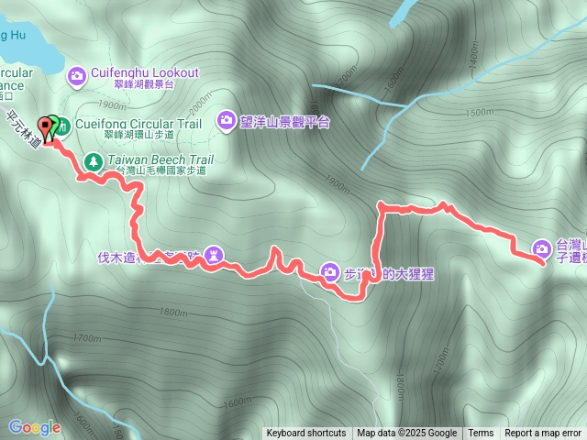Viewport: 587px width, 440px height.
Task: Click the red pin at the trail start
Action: pyautogui.click(x=44, y=128)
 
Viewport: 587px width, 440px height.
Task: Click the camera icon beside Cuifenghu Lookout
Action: pyautogui.click(x=77, y=73)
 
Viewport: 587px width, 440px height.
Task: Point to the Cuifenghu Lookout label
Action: pyautogui.click(x=145, y=72)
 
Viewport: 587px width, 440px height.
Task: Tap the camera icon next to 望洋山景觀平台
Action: pyautogui.click(x=227, y=120)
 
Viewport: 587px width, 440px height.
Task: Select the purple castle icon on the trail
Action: pyautogui.click(x=213, y=252)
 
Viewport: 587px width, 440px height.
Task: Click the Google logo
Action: pyautogui.click(x=34, y=427)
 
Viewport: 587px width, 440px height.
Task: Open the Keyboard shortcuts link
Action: pyautogui.click(x=306, y=434)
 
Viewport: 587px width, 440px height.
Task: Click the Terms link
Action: pyautogui.click(x=481, y=434)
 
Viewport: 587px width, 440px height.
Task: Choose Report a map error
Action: pyautogui.click(x=545, y=434)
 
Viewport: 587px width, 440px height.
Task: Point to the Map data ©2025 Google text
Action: pyautogui.click(x=407, y=434)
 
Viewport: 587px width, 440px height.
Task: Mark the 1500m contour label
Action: pyautogui.click(x=481, y=112)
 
